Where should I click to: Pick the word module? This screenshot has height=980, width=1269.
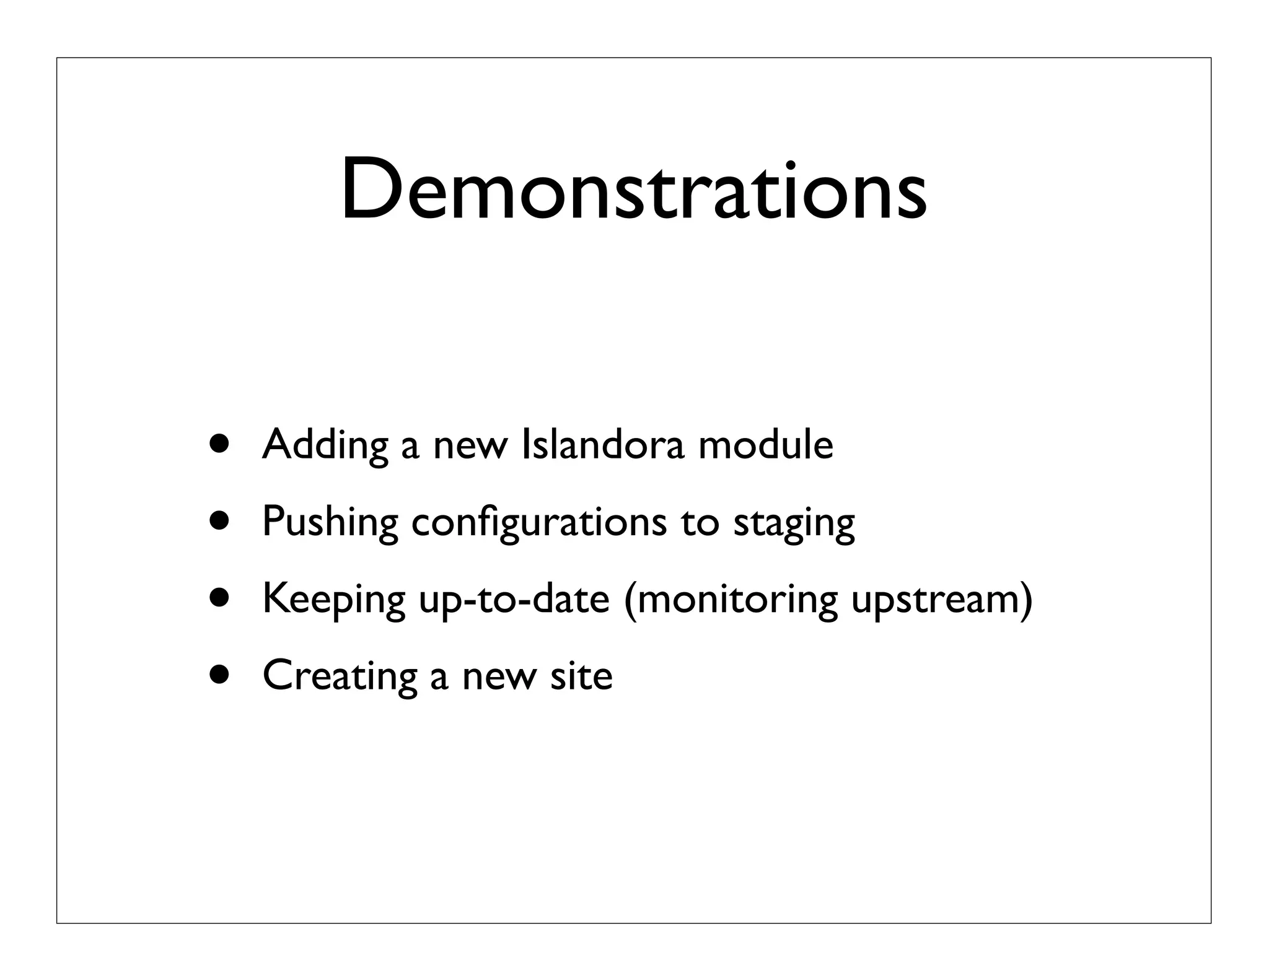(x=765, y=444)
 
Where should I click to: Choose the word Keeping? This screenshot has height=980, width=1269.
(x=334, y=600)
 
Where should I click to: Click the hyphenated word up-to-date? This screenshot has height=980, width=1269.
(x=514, y=600)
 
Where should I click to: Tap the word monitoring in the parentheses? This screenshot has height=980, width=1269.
(x=731, y=600)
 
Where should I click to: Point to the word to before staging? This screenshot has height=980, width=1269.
(x=700, y=522)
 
